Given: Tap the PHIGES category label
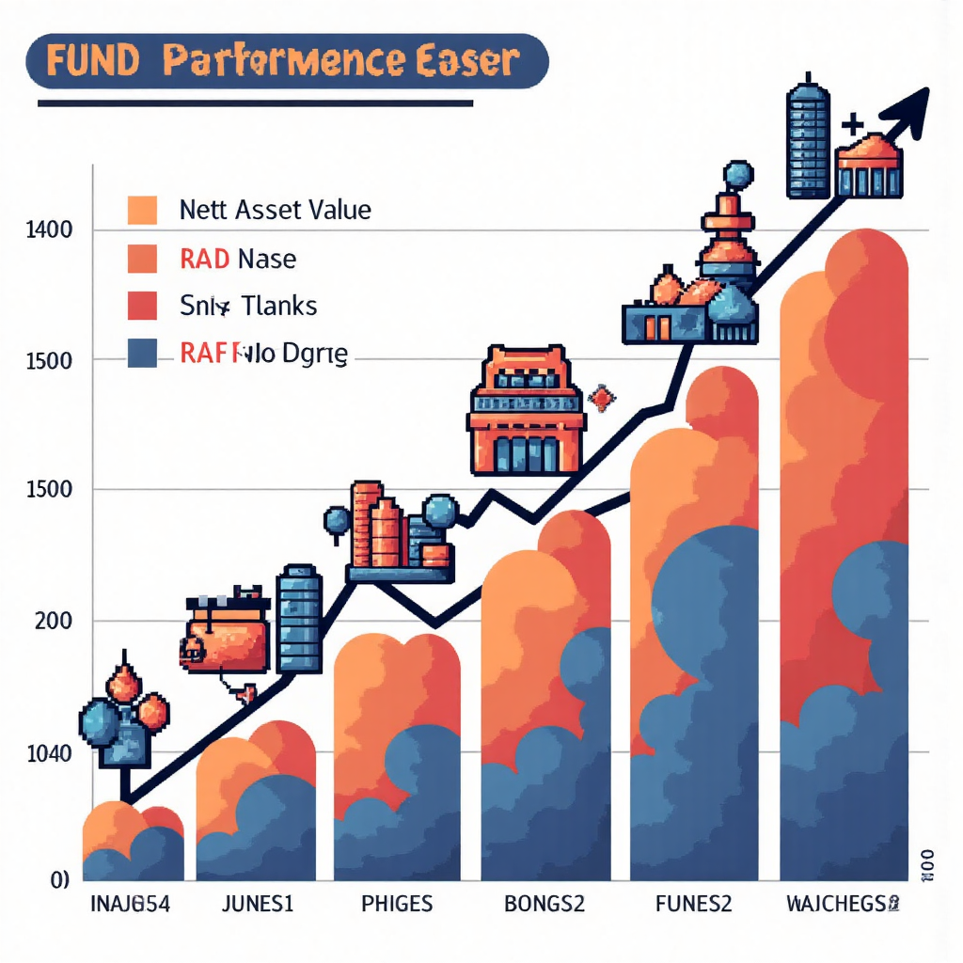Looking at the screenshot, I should [397, 905].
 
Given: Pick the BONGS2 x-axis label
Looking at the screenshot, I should [545, 905].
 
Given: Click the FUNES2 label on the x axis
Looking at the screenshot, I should [693, 905].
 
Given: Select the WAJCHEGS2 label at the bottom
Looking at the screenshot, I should [842, 905].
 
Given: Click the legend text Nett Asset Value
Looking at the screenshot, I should [276, 209].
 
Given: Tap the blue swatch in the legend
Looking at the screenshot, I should [141, 353].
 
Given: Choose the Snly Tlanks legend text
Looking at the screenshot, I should [247, 306].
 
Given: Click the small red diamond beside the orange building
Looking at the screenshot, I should [600, 399].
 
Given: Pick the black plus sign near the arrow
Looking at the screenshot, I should [853, 124].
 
